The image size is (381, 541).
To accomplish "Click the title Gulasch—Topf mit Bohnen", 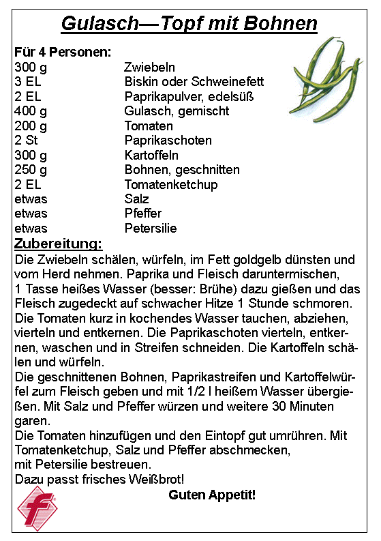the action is click(x=189, y=25).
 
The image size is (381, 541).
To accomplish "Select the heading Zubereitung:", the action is click(x=59, y=244).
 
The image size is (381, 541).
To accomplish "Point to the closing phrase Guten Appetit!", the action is click(x=212, y=495).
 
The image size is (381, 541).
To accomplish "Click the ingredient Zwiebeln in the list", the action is click(x=149, y=67).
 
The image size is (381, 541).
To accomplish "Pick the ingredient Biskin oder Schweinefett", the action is click(x=194, y=82).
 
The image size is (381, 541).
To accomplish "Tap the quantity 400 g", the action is click(x=31, y=111).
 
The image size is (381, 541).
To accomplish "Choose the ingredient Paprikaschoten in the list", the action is click(x=168, y=141).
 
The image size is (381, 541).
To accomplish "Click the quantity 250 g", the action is click(x=31, y=170).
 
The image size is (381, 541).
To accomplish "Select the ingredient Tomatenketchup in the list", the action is click(x=171, y=185).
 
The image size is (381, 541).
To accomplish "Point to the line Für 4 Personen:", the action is click(x=63, y=53).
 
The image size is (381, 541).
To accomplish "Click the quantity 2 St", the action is click(x=26, y=141).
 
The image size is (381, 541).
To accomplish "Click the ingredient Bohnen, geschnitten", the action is click(x=182, y=170).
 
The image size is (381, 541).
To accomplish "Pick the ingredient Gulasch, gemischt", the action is click(x=177, y=111).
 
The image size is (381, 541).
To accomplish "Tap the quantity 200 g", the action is click(x=31, y=126).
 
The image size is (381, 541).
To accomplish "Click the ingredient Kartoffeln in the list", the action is click(x=151, y=156).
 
